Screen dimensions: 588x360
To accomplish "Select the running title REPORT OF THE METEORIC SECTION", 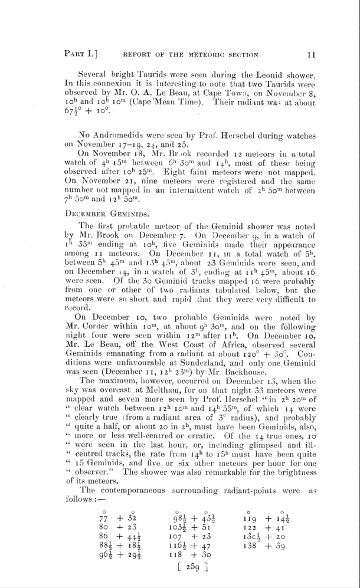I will pos(191,55).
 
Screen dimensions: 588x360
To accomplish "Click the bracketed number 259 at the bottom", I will pos(188,568).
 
